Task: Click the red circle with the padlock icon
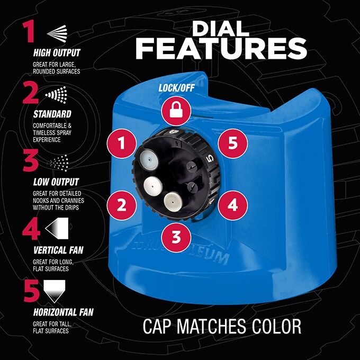coord(176,111)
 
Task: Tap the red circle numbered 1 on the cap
coord(122,143)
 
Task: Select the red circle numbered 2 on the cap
coord(122,205)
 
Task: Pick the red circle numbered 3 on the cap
coord(176,237)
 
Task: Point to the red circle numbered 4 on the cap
coord(232,205)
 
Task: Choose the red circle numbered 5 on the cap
coord(232,143)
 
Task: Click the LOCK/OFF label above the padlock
coord(176,88)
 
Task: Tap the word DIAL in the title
coord(221,29)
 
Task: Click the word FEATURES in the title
coord(221,49)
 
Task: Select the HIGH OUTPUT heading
coord(57,52)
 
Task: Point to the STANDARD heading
coord(52,114)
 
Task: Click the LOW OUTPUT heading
coord(56,182)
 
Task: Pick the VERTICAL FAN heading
coord(58,250)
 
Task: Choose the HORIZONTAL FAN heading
coord(64,312)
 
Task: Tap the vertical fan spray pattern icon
coord(57,228)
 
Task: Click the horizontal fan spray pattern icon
coord(55,291)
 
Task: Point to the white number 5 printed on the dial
coord(210,159)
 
